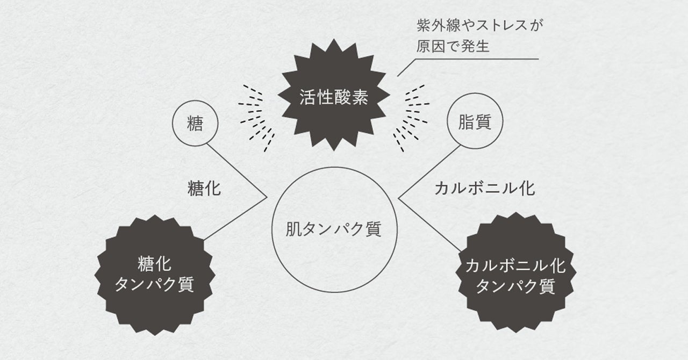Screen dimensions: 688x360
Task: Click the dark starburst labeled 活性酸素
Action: [x=334, y=97]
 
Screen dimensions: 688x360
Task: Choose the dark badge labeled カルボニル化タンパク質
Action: [x=515, y=276]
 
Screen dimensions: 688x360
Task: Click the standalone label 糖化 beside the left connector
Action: [x=204, y=189]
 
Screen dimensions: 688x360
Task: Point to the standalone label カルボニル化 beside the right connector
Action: [x=484, y=189]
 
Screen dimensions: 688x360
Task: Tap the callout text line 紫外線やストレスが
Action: [x=477, y=25]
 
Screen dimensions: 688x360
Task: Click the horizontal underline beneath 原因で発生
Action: [x=484, y=59]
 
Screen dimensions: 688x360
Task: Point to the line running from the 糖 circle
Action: [x=236, y=169]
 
